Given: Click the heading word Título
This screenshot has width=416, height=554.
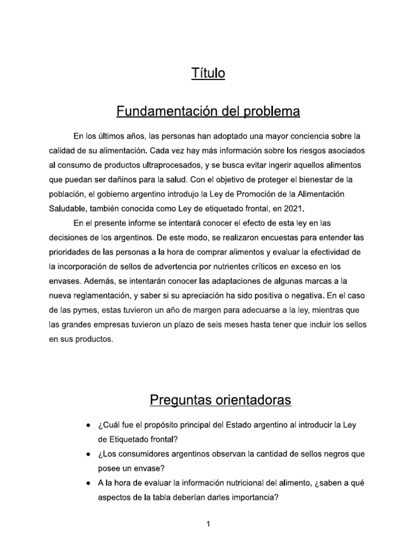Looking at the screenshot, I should [208, 73].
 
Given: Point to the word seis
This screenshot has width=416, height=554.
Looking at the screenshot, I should [207, 325].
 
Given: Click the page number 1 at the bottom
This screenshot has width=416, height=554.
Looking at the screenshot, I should [208, 524].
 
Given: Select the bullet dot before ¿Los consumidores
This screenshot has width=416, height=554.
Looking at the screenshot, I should [88, 455].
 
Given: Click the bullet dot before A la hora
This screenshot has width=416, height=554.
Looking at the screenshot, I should [88, 484].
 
